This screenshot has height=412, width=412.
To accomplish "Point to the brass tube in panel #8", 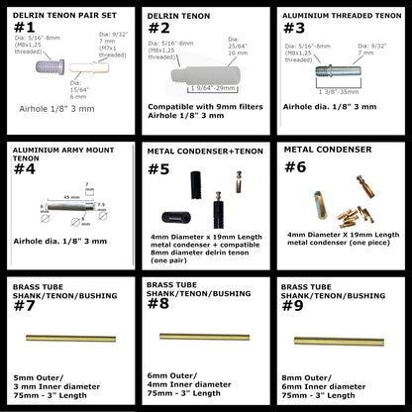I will (x=203, y=337).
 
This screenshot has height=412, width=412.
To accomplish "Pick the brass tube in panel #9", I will (x=342, y=341).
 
